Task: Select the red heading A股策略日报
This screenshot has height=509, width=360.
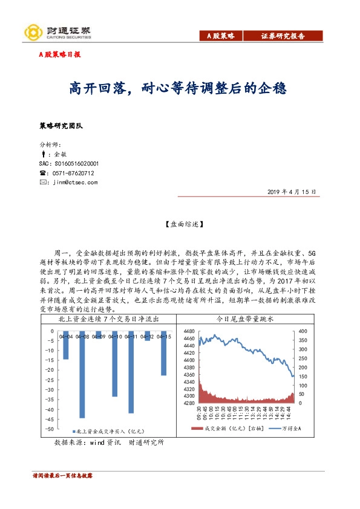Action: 59,54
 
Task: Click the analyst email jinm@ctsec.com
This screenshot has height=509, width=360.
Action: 71,181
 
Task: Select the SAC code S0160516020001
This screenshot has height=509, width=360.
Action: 68,163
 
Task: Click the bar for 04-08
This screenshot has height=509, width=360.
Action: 82,374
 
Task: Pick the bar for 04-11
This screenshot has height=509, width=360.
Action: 131,372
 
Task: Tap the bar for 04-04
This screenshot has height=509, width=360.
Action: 65,345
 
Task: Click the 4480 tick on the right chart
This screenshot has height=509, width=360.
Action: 188,331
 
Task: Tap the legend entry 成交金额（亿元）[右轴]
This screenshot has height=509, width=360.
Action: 224,429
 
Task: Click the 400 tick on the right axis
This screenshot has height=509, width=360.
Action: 303,331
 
